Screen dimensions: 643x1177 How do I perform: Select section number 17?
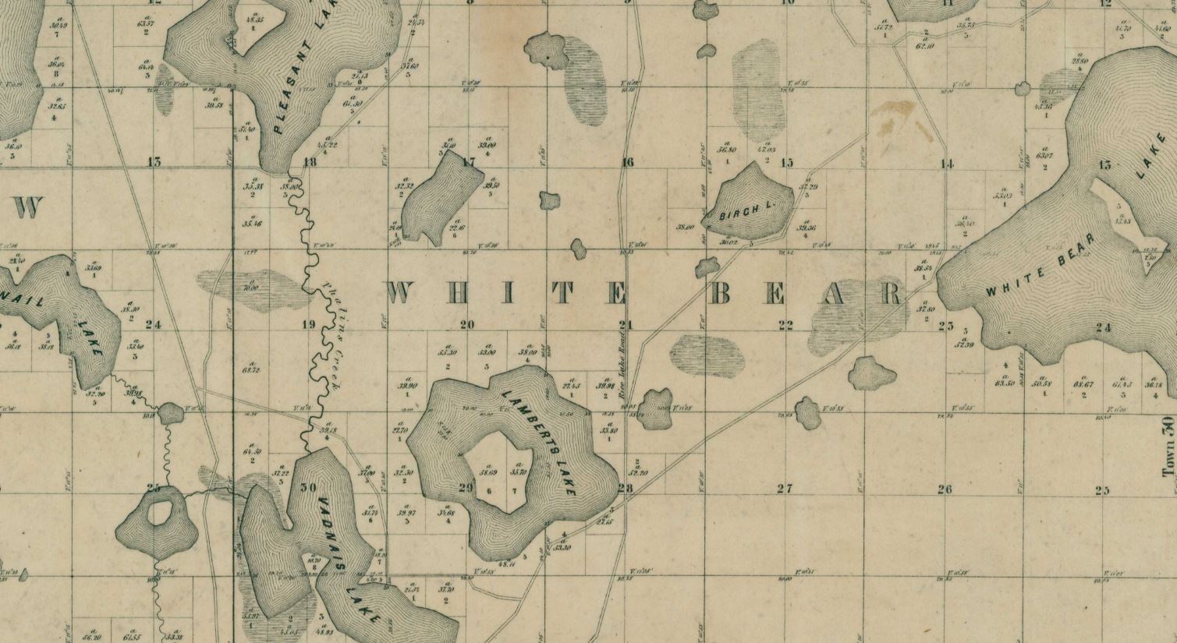tap(468, 162)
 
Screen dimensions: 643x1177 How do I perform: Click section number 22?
tap(785, 325)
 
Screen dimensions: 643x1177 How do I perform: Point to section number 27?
tap(785, 489)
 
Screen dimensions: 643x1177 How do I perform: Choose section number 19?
tap(307, 325)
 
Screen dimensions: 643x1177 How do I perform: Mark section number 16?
tap(628, 162)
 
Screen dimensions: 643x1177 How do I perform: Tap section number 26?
tap(945, 489)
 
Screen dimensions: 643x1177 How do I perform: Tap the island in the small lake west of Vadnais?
tap(161, 512)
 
